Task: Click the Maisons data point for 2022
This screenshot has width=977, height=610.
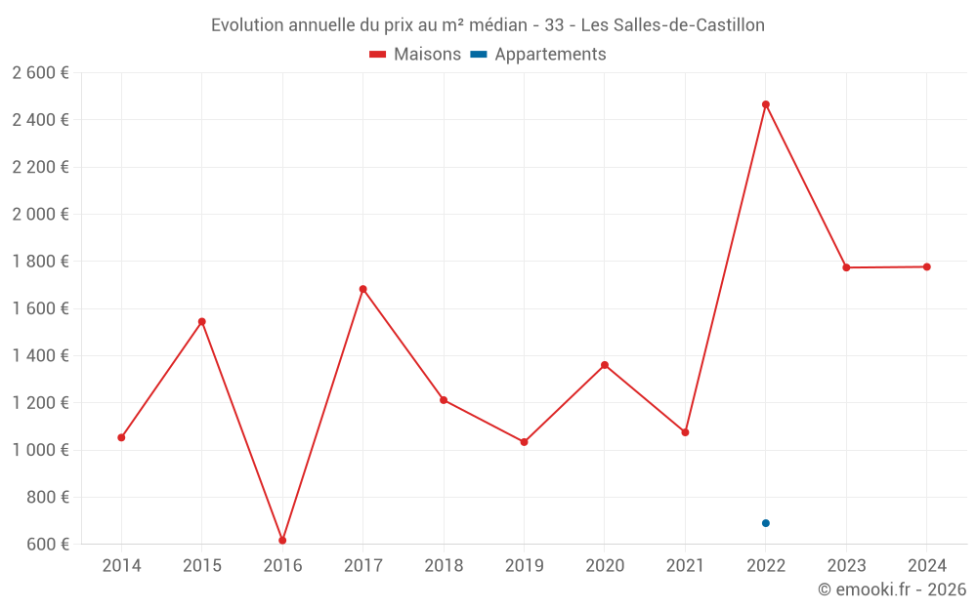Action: point(766,104)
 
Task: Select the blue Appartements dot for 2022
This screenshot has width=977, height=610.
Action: point(766,523)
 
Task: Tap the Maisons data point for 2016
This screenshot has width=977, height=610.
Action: point(282,540)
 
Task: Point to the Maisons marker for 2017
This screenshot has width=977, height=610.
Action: point(363,289)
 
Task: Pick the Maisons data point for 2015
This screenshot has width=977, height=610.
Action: point(202,321)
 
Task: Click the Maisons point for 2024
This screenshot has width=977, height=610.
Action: point(926,266)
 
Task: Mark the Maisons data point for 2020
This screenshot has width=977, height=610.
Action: point(605,365)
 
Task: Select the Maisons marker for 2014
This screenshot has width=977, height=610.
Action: point(121,437)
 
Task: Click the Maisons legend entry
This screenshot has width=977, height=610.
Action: point(415,55)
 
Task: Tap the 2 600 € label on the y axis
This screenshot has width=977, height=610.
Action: point(40,73)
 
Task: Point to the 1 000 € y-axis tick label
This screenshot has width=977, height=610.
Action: point(40,450)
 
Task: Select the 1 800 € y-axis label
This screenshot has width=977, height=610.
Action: point(40,262)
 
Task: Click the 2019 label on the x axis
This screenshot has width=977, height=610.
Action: point(524,566)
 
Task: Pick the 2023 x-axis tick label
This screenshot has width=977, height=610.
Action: point(846,566)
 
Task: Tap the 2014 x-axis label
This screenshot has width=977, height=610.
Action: point(121,566)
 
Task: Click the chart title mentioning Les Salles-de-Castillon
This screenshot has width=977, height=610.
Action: point(488,24)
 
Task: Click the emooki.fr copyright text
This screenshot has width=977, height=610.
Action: point(892,590)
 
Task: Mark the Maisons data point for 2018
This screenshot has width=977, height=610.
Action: point(444,400)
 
